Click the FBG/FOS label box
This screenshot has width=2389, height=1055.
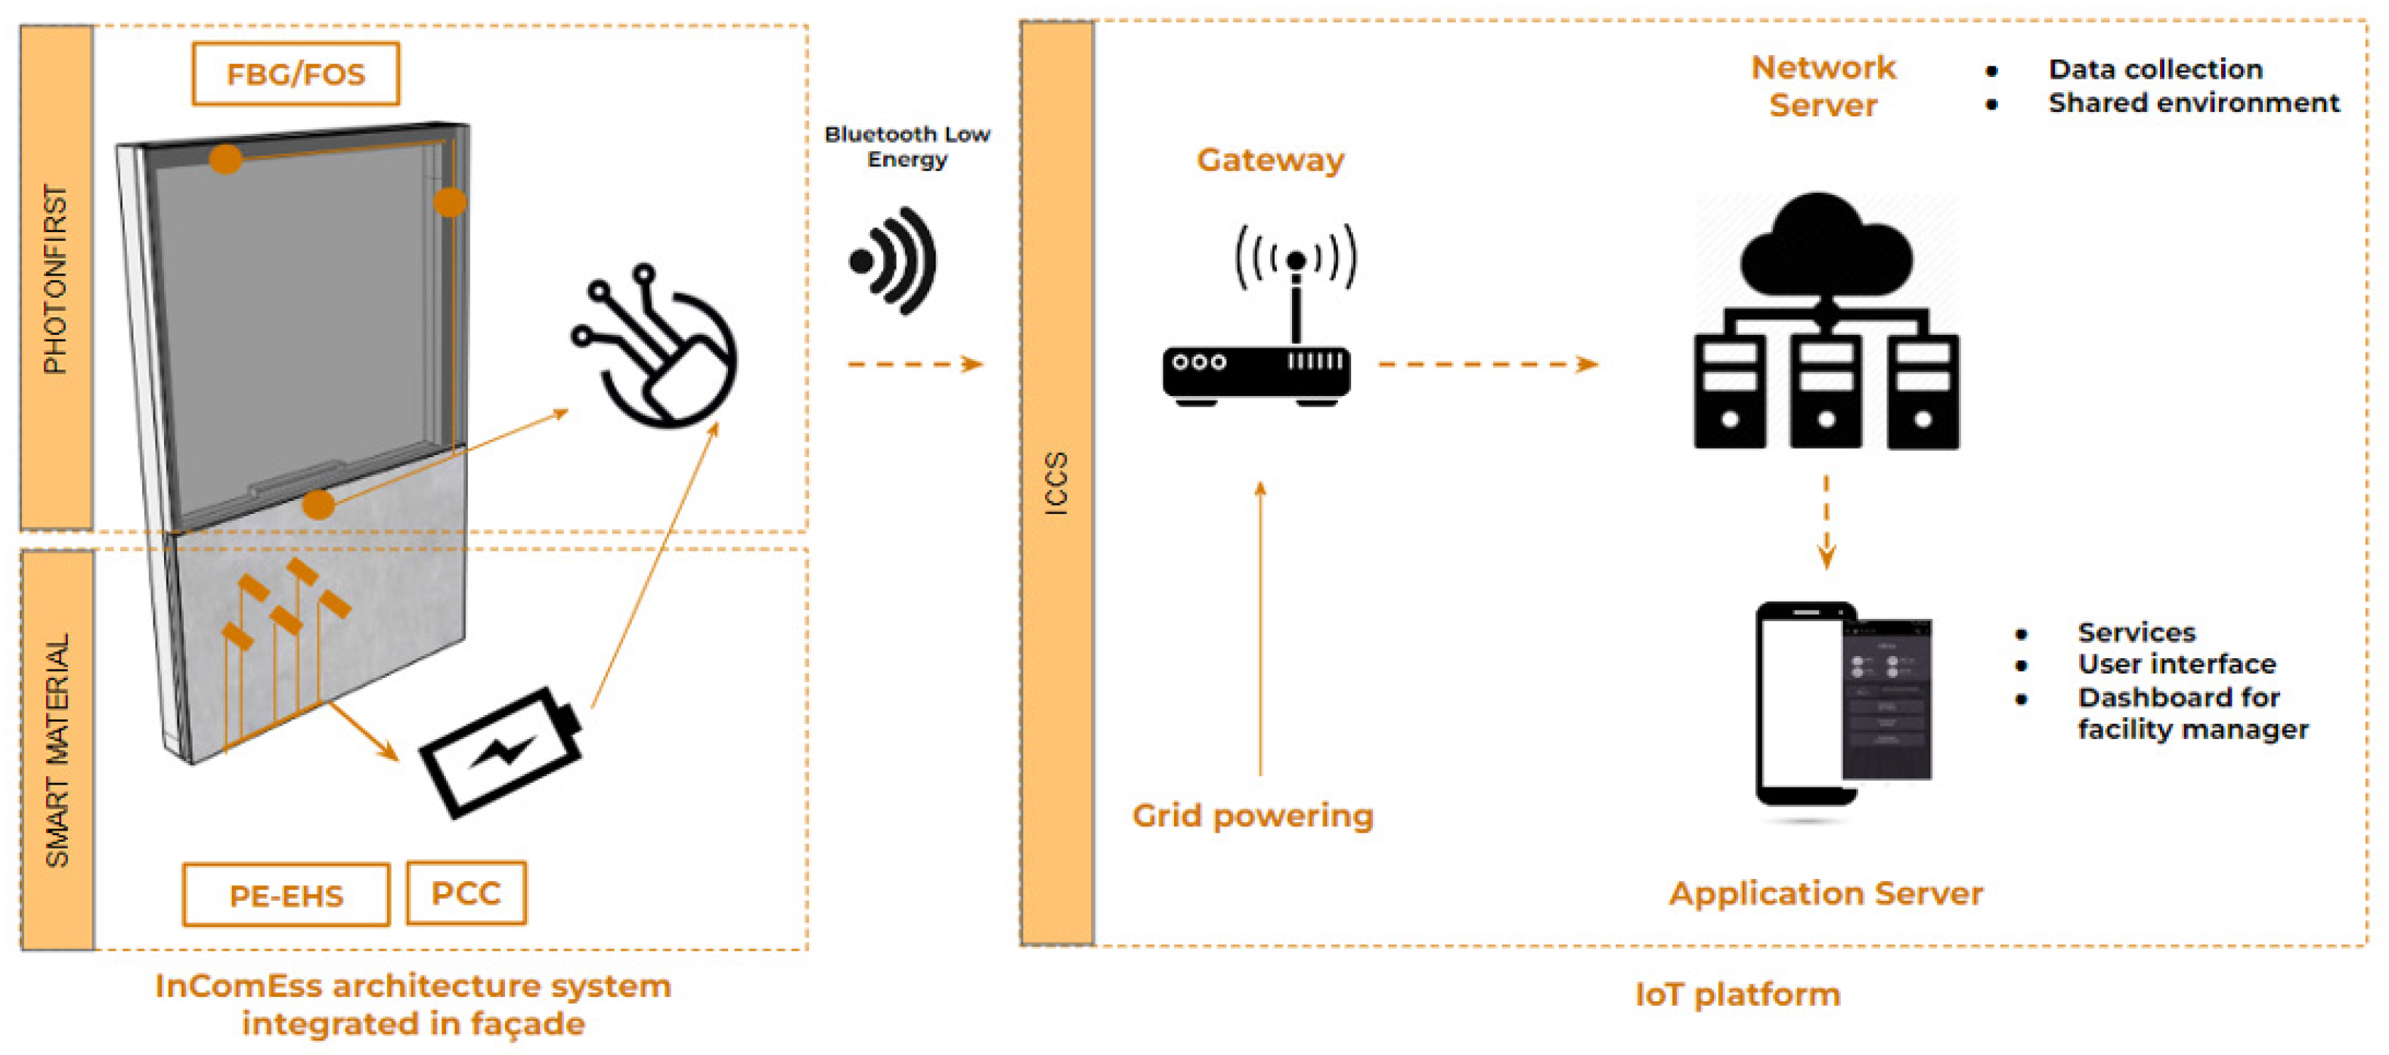point(295,73)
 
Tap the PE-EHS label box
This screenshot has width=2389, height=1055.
point(286,895)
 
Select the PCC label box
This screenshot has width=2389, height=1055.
point(466,893)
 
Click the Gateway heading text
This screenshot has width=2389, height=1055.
point(1269,160)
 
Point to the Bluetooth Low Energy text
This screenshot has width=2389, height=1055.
point(907,147)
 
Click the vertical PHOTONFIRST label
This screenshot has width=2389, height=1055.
point(57,278)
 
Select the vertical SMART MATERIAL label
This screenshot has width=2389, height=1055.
point(57,749)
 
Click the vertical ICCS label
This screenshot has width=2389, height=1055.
point(1056,482)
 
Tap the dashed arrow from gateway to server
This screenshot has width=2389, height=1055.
point(1488,364)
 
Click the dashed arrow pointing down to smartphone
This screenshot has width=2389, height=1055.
point(1826,522)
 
